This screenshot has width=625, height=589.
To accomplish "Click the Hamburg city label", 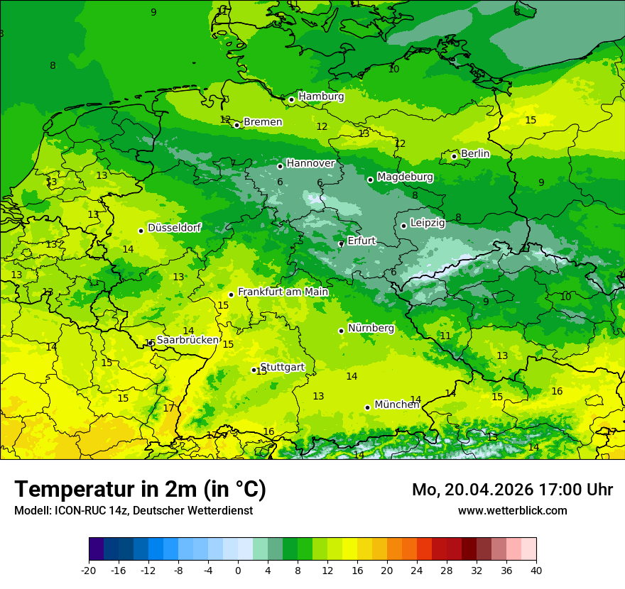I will click(x=321, y=97).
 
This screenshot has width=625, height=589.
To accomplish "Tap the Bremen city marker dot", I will click(x=237, y=125).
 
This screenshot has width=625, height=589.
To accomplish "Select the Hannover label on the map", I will click(x=310, y=163).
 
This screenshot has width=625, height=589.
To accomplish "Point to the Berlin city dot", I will click(x=455, y=156).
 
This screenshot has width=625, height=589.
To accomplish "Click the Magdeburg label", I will click(x=405, y=177).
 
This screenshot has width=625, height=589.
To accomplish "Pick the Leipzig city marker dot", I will click(x=403, y=226).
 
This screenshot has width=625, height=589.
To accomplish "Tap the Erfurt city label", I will click(x=361, y=241).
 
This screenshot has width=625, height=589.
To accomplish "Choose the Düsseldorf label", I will click(x=174, y=228).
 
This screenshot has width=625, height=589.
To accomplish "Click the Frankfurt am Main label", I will click(x=283, y=292).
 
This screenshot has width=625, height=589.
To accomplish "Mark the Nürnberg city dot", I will click(x=342, y=331).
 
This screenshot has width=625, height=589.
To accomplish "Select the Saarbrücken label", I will click(x=187, y=340).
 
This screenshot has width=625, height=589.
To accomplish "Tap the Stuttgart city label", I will click(x=283, y=367).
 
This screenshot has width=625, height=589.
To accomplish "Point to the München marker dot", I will click(x=368, y=407).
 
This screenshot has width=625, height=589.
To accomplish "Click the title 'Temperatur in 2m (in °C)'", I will click(x=140, y=490).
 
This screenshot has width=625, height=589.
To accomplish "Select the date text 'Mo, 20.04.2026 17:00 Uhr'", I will click(x=512, y=490).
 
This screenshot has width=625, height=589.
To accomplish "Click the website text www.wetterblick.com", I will click(x=512, y=511).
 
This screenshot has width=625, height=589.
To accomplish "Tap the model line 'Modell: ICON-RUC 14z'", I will click(x=133, y=511).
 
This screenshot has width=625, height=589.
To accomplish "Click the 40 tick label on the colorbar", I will click(x=536, y=571).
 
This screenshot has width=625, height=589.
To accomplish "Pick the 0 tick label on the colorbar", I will click(x=238, y=571).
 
